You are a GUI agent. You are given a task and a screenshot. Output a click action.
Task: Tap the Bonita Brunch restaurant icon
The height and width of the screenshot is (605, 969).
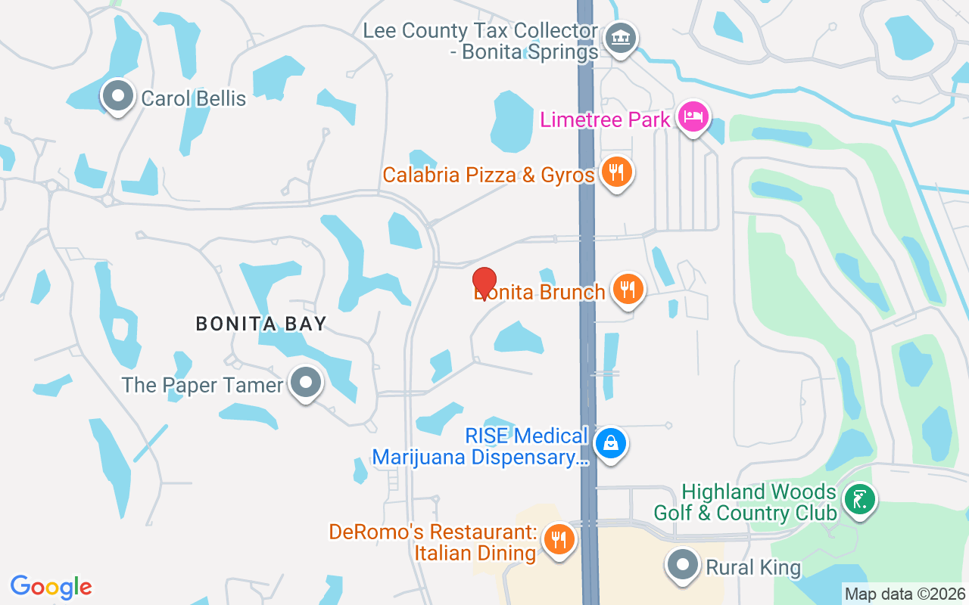(628, 290)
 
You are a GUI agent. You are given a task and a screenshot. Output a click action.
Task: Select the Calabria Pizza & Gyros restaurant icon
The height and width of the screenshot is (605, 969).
(617, 173)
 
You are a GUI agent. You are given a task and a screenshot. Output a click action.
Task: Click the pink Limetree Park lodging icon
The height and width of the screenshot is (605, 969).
(693, 117)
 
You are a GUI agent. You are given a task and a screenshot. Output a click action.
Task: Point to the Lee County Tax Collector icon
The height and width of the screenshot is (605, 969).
(621, 37)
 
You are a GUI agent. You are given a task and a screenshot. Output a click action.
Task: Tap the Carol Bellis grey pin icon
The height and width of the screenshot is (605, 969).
(117, 96)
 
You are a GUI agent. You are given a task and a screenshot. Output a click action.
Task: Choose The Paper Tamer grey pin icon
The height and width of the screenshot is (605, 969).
(306, 383)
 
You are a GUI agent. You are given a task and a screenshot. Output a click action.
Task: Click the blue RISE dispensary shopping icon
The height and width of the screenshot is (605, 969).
(611, 443)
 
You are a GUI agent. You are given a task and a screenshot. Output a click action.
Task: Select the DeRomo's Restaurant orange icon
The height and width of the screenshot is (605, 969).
(559, 540)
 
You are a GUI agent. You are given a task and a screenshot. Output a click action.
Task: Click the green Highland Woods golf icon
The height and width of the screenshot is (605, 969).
(859, 500)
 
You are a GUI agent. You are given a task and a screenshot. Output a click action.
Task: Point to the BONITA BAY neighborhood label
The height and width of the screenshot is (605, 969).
(261, 324)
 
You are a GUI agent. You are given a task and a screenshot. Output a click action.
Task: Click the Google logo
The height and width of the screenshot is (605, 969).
(51, 587)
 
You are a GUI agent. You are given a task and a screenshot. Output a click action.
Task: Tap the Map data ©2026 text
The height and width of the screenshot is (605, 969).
(905, 594)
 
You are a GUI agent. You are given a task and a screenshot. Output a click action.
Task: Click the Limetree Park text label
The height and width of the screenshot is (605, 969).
(606, 119)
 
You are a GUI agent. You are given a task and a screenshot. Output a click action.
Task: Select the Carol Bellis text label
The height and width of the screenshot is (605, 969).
(194, 98)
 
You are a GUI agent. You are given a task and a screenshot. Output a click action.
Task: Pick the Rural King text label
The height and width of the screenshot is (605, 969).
(753, 567)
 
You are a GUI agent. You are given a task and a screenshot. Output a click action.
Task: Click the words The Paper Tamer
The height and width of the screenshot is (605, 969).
(202, 385)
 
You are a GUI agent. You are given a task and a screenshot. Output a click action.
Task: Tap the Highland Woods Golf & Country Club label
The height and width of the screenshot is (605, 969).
(745, 502)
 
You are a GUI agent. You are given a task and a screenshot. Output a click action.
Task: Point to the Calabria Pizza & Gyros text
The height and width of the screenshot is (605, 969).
(488, 175)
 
